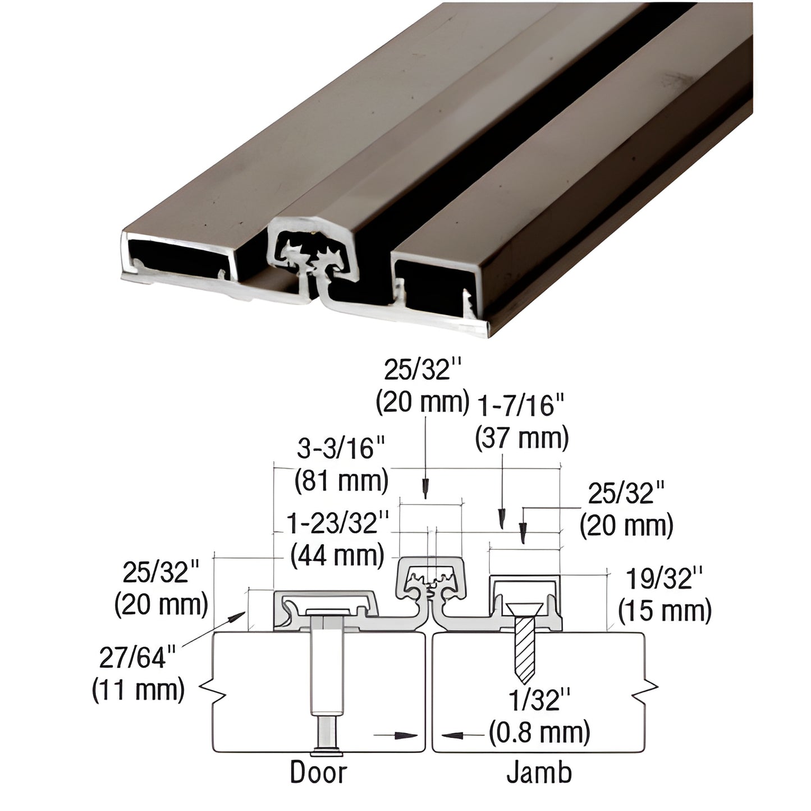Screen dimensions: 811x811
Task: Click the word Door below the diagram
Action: (318, 772)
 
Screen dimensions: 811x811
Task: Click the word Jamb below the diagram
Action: (539, 772)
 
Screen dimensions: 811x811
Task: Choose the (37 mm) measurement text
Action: (521, 438)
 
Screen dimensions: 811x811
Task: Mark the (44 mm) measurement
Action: (337, 555)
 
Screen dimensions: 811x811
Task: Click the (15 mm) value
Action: (665, 611)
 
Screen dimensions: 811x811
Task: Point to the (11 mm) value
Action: (138, 689)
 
